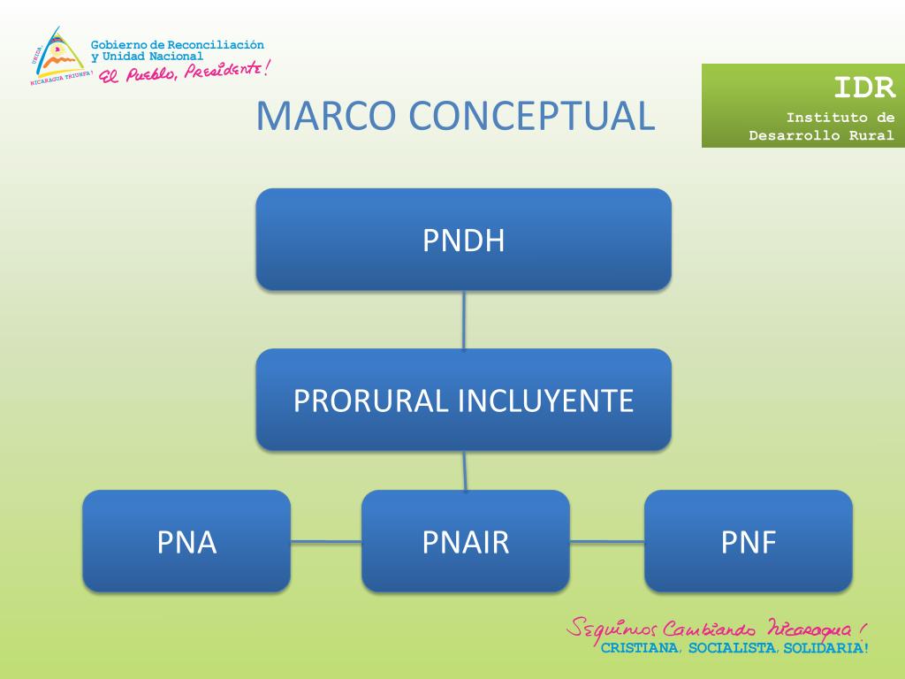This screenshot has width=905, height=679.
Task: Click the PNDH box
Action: [x=463, y=240]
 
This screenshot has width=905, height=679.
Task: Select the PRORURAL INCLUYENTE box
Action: [x=463, y=400]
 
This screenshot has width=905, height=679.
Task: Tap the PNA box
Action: [x=186, y=541]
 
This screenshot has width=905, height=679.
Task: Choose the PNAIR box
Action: [x=465, y=541]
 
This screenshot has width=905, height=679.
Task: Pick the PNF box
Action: [x=748, y=541]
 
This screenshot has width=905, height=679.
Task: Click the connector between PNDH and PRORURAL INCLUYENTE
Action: [x=464, y=319]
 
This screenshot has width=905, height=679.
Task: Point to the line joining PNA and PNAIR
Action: [x=325, y=541]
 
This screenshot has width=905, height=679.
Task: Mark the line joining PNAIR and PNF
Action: [x=606, y=541]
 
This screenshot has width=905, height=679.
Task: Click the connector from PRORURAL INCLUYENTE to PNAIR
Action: [x=465, y=470]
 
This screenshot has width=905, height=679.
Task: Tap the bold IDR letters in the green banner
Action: [x=864, y=87]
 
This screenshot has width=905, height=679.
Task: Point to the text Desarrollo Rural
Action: [x=821, y=135]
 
